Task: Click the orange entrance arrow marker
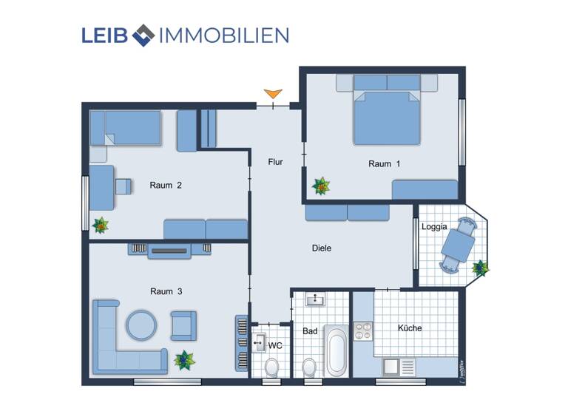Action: [x=274, y=94]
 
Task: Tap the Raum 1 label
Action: [x=384, y=164]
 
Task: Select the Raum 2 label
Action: [x=166, y=186]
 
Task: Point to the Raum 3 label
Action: [x=166, y=291]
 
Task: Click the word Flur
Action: [x=275, y=162]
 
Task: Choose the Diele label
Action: [x=322, y=248]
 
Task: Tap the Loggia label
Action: [x=434, y=228]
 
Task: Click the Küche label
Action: [x=409, y=328]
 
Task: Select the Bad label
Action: [x=310, y=331]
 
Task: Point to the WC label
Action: [x=275, y=345]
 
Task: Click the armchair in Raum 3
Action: [x=183, y=325]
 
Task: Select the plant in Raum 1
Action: [x=321, y=186]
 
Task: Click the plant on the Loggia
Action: [x=481, y=268]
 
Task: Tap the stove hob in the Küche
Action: [x=362, y=330]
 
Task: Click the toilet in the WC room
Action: [x=272, y=367]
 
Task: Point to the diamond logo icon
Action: [x=142, y=34]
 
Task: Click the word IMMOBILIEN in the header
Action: [x=223, y=35]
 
